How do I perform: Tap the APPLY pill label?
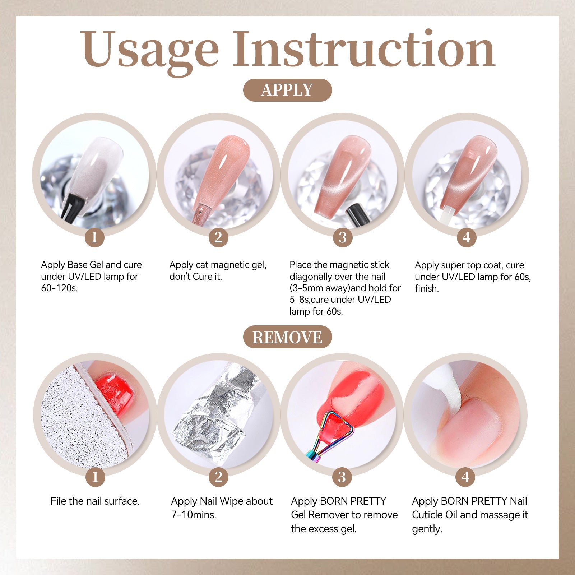287,90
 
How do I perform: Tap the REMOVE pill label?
287,337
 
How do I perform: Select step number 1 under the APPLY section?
94,237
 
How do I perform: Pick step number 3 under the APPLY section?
343,237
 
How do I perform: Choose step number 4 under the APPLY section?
467,237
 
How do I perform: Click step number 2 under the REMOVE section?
218,477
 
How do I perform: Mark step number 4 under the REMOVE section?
465,477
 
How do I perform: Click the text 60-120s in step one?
59,288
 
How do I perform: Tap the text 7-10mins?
194,515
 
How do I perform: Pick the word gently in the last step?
427,529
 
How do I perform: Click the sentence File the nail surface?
95,501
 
